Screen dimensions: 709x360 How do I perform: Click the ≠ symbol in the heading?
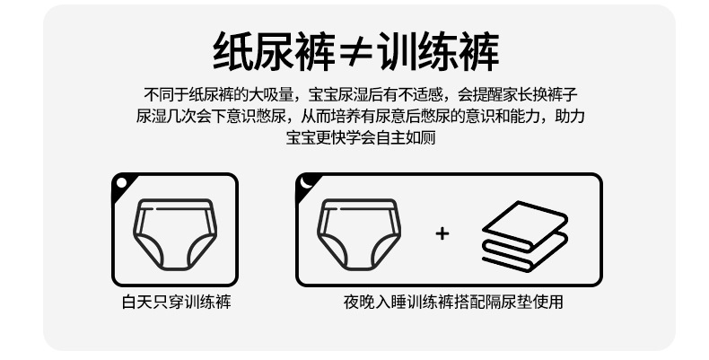click(356, 51)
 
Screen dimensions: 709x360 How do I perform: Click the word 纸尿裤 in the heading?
click(275, 51)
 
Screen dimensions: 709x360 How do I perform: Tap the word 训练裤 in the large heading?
click(438, 51)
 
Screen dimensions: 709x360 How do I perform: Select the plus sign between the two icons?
click(442, 233)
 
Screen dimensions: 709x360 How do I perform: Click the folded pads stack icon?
click(525, 236)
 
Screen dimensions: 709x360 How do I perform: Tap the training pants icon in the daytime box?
click(175, 234)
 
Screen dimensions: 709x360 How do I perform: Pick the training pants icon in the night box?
click(359, 234)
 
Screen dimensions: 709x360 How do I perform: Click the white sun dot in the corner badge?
click(121, 183)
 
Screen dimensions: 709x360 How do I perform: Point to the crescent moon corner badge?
click(307, 183)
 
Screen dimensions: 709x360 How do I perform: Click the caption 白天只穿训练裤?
click(176, 302)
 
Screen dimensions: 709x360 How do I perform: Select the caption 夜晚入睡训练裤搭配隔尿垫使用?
click(453, 302)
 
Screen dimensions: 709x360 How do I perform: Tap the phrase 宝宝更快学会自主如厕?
click(361, 137)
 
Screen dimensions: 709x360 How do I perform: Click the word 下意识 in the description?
click(233, 116)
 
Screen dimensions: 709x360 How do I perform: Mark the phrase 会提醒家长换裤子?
click(517, 95)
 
